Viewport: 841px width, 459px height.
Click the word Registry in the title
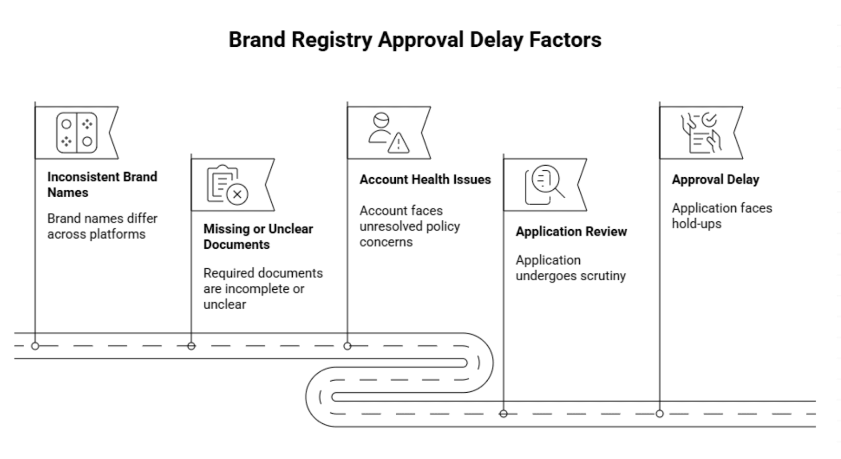pos(332,40)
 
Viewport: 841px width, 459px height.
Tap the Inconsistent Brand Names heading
pos(102,185)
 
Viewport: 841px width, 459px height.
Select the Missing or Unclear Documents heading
pos(258,237)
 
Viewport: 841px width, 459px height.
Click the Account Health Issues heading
pos(425,179)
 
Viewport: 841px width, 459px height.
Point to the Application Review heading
pos(571,231)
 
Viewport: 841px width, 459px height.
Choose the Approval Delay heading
pos(715,179)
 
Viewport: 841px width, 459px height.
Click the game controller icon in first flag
pos(77,132)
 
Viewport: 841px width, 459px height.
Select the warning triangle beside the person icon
pos(398,142)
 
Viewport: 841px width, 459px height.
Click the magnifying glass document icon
pos(545,184)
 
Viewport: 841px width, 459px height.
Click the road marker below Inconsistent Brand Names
pos(35,346)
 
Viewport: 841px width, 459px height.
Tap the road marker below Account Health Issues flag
pos(347,346)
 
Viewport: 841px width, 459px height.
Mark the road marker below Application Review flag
pos(504,414)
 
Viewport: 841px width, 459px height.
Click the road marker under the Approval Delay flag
pos(660,414)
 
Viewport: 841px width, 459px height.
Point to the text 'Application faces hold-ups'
pos(721,216)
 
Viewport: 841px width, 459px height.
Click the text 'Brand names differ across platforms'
pos(102,226)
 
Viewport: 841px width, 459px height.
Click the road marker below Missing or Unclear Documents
pos(191,346)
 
